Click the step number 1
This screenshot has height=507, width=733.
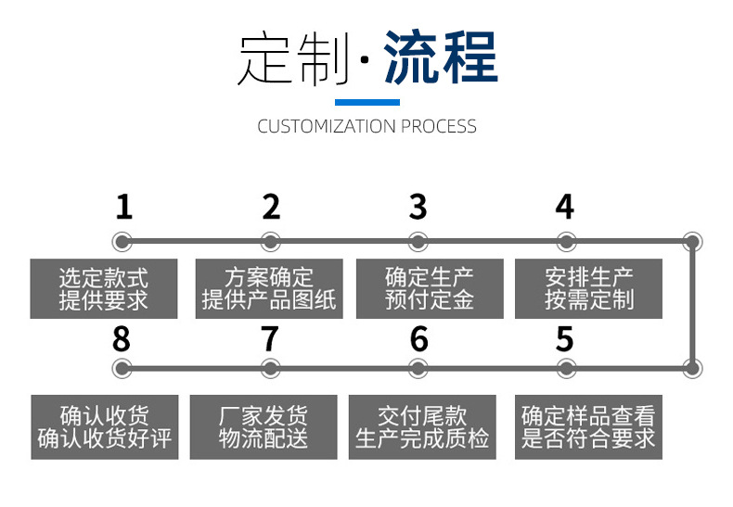123,207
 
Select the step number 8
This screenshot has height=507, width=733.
122,340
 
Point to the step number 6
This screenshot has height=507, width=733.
419,340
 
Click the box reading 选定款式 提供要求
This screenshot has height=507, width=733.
103,288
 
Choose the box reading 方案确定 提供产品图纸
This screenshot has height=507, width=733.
269,288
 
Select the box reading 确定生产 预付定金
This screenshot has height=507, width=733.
430,288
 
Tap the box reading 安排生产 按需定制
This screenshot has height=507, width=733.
589,288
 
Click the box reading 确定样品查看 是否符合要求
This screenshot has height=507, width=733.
588,426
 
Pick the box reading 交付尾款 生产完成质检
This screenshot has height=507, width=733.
422,427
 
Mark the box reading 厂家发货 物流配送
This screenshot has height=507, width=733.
264,427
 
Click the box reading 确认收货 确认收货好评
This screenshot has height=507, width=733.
104,427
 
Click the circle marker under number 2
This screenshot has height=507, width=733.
271,243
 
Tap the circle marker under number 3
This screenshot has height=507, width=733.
418,243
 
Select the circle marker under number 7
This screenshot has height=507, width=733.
270,368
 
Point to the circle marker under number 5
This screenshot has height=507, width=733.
565,368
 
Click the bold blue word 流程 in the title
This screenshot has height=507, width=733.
441,57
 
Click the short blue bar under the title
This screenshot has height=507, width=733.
366,102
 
